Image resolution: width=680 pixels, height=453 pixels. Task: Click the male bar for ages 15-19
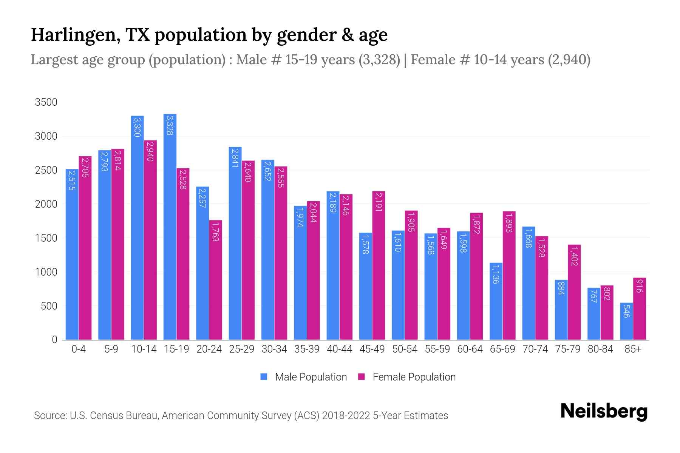click(170, 226)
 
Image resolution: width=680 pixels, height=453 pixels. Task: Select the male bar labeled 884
click(561, 310)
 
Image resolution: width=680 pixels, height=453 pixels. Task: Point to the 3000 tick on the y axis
click(46, 136)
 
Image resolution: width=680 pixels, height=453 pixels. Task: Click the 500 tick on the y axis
click(49, 306)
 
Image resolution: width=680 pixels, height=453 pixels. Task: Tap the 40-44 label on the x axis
click(339, 349)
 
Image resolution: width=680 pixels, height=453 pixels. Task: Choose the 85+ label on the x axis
click(633, 349)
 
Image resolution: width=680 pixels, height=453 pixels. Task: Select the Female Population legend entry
click(407, 377)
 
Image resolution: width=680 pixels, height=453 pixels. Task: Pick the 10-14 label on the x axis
click(144, 349)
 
